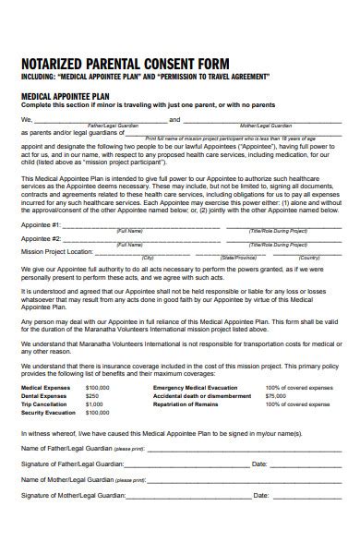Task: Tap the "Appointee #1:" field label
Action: click(42, 224)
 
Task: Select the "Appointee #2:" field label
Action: click(42, 237)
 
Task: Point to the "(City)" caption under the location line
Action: click(148, 258)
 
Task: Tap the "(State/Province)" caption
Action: click(238, 258)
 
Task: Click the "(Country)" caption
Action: click(309, 258)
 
